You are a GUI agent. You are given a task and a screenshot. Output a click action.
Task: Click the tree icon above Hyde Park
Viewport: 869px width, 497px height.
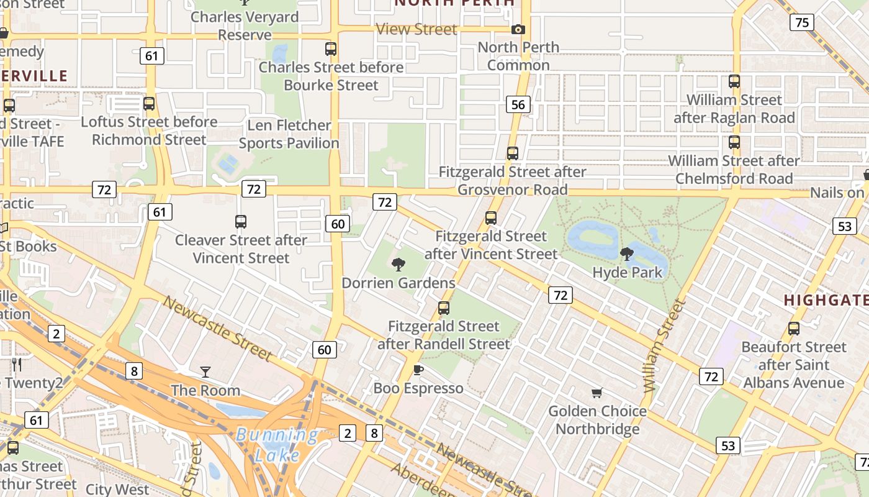[x=627, y=253]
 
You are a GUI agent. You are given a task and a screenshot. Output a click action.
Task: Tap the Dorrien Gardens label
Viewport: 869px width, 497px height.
[x=398, y=283]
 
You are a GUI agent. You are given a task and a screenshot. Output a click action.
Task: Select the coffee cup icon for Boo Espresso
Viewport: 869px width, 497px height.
[x=418, y=370]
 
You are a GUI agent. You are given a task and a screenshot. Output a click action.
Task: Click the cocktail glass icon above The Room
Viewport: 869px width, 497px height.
[x=205, y=372]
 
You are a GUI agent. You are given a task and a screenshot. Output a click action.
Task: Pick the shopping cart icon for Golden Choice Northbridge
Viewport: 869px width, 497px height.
[x=597, y=393]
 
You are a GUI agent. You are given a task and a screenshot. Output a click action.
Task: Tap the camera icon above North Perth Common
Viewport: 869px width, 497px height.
[x=518, y=29]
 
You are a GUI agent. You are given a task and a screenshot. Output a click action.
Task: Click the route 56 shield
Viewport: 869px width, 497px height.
[x=518, y=104]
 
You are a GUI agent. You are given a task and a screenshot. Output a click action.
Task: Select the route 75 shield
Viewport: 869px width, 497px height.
[x=802, y=22]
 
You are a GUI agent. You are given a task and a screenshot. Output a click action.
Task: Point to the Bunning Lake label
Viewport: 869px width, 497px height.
[x=277, y=444]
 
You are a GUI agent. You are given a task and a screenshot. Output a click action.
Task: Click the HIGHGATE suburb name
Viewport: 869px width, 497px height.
[x=826, y=300]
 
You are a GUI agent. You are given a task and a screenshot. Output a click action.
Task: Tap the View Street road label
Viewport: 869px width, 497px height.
[x=416, y=29]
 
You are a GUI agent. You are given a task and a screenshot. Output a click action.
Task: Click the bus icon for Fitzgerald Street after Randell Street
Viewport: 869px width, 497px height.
[x=443, y=308]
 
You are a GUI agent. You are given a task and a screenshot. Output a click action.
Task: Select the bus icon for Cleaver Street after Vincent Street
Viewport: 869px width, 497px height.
[x=241, y=222]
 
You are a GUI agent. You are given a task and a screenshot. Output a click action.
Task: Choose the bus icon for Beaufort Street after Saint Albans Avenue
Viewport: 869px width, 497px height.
[x=794, y=329]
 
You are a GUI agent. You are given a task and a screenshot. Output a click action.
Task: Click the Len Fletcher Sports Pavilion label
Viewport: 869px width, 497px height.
[x=289, y=134]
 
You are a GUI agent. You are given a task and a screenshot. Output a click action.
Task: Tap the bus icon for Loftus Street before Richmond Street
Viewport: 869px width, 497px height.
[x=149, y=104]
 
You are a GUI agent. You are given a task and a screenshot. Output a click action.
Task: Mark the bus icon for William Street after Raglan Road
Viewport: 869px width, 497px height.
[x=734, y=81]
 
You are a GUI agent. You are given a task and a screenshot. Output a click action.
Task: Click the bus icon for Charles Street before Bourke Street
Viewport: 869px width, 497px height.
[x=331, y=49]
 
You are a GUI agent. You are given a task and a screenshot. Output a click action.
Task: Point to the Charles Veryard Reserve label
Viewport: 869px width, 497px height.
[x=245, y=25]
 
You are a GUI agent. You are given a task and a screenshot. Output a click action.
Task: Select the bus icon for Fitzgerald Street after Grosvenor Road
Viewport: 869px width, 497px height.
[x=512, y=153]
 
